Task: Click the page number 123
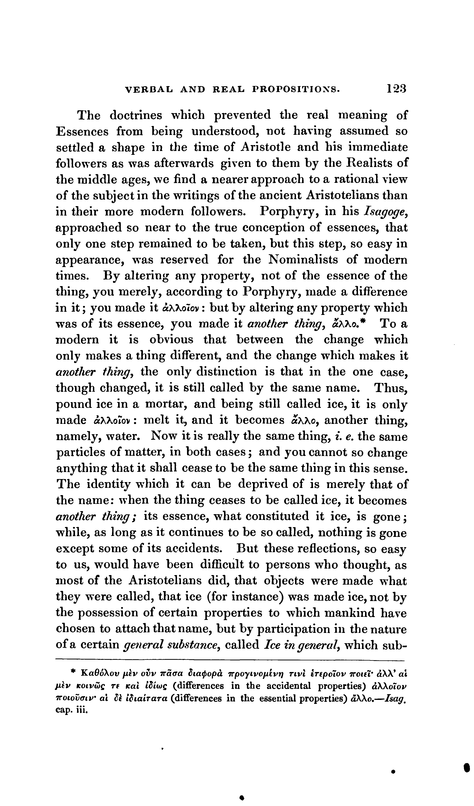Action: [396, 88]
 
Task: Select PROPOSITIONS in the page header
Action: [296, 89]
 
